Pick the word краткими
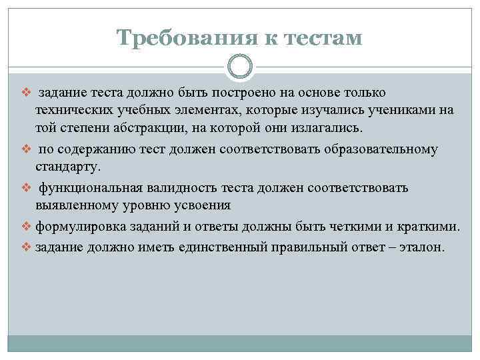tap(430, 227)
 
